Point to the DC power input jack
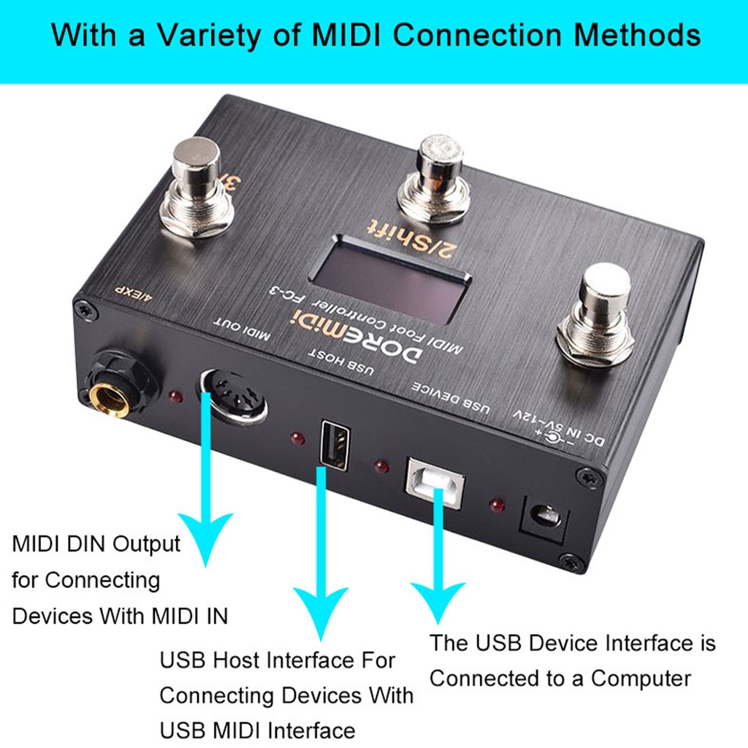[543, 519]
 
